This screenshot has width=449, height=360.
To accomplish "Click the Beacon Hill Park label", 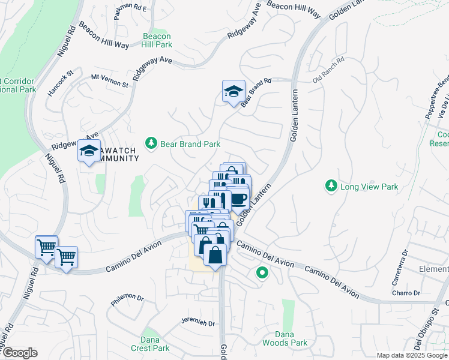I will [x=157, y=40].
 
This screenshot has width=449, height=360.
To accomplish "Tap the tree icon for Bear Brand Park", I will [x=151, y=143].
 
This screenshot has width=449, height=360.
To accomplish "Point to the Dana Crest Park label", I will [x=151, y=343].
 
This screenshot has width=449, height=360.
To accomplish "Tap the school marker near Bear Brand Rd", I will [x=234, y=92].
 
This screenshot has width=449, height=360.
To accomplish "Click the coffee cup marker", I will [x=238, y=198].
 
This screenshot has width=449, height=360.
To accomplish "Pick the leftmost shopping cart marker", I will [x=46, y=246].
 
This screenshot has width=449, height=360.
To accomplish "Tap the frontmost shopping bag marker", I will [x=215, y=254].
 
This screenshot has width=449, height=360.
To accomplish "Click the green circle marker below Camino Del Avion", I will [x=262, y=274].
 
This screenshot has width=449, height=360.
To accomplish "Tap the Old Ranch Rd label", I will [x=328, y=70].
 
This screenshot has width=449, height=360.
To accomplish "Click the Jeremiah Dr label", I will [x=197, y=322].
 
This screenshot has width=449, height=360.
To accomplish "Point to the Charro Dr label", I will [x=408, y=293].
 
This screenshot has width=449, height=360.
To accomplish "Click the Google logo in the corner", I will [x=20, y=352].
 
